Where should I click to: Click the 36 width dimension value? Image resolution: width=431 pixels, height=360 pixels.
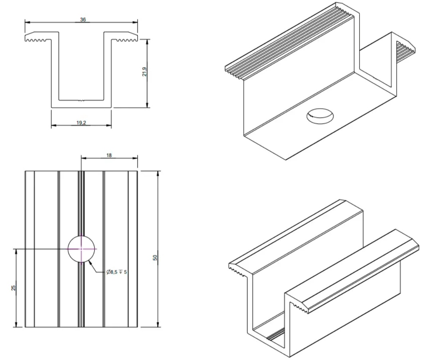pyautogui.click(x=83, y=20)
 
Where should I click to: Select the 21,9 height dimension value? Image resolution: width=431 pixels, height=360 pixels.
pyautogui.click(x=144, y=72)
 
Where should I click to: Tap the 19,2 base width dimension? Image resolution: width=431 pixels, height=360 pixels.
pyautogui.click(x=81, y=122)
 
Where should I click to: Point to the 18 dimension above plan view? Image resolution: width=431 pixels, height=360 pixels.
pyautogui.click(x=109, y=155)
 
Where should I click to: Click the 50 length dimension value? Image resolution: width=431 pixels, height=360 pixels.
pyautogui.click(x=155, y=258)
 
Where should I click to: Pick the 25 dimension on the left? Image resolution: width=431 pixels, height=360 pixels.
pyautogui.click(x=14, y=288)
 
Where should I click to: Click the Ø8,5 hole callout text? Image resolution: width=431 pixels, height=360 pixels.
pyautogui.click(x=117, y=272)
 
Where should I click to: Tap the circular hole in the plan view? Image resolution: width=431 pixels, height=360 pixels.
pyautogui.click(x=81, y=248)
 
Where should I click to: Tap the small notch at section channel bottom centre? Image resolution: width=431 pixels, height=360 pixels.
pyautogui.click(x=81, y=100)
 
